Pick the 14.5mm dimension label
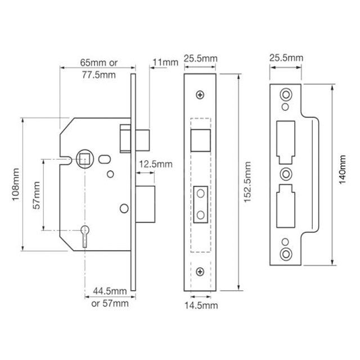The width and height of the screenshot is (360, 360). pyautogui.click(x=201, y=305)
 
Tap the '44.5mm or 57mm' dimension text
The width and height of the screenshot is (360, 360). pyautogui.click(x=110, y=296)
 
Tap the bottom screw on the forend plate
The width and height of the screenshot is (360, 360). pyautogui.click(x=201, y=272)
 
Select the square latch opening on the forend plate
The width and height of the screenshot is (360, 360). pyautogui.click(x=201, y=139)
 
